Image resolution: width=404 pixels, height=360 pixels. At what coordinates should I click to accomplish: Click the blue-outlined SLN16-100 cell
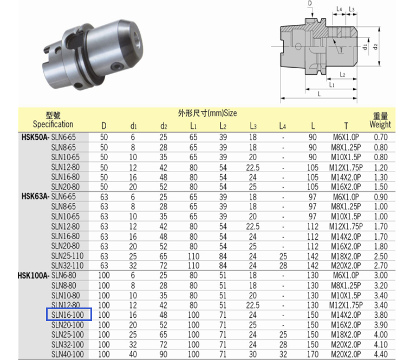tap(69, 315)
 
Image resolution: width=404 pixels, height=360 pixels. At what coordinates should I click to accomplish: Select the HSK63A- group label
tap(35, 197)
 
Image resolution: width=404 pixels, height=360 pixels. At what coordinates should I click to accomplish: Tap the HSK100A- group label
tap(34, 276)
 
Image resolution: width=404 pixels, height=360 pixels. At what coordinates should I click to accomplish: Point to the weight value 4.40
tap(381, 354)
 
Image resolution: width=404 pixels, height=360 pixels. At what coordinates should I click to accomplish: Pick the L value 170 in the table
tap(313, 354)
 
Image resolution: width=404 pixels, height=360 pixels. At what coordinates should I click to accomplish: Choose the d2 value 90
tap(164, 354)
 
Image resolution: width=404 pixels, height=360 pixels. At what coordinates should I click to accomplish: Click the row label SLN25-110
tap(68, 256)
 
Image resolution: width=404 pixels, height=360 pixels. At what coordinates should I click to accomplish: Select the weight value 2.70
tap(381, 265)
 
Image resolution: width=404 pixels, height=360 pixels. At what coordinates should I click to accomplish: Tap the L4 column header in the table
tap(283, 126)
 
